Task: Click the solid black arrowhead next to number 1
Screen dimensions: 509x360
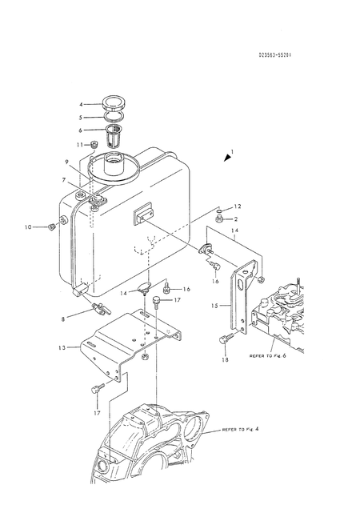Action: click(227, 159)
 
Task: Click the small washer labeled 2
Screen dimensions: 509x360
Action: click(218, 218)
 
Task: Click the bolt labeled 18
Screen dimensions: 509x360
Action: click(224, 339)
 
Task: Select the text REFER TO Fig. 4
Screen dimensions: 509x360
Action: click(250, 431)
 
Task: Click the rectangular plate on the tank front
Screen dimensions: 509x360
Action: click(144, 214)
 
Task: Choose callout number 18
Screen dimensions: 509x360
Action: click(225, 360)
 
